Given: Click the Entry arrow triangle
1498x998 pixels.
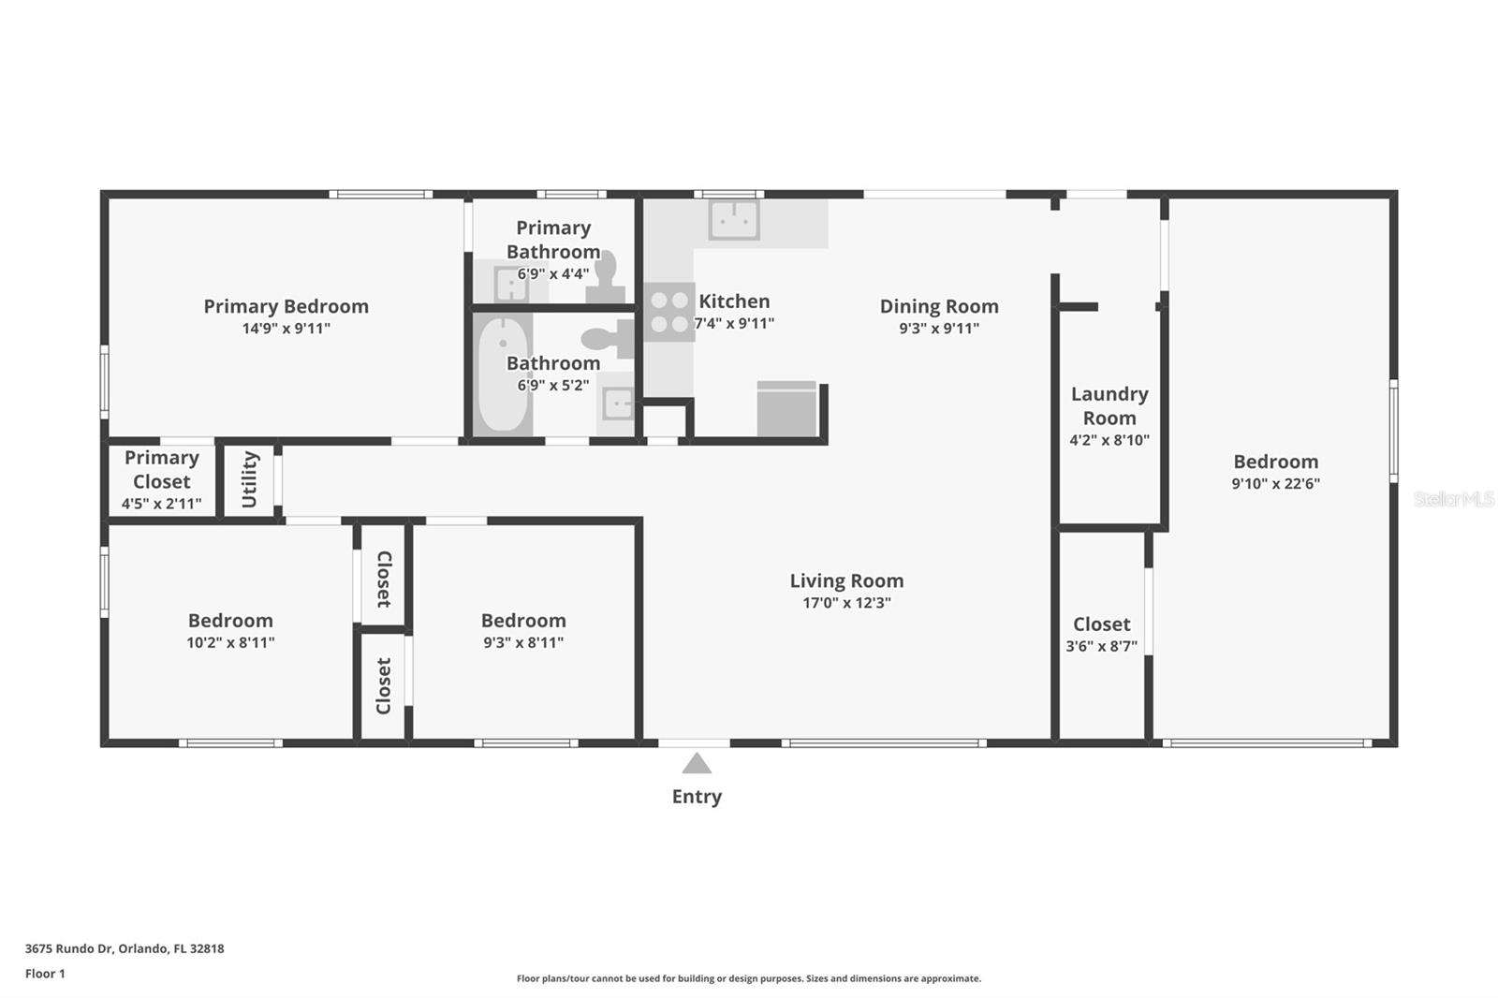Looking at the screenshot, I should coord(697,764).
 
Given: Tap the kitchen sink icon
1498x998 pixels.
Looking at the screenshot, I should coord(734,220).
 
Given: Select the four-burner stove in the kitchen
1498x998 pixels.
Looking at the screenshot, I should coord(669,312).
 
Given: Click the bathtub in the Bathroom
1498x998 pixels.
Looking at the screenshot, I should coord(503,374).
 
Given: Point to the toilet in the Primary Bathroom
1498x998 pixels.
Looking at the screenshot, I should coord(607,277).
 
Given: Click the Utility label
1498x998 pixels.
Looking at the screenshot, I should coord(250,479).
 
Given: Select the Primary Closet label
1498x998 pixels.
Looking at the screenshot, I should coord(162,469).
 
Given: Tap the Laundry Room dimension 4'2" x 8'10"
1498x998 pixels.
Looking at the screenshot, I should coord(1109,440).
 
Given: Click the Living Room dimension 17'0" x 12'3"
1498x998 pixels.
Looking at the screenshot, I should coord(846,603).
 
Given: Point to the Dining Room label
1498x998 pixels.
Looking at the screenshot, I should coord(939,306).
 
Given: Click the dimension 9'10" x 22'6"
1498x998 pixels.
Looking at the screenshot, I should coord(1275,484).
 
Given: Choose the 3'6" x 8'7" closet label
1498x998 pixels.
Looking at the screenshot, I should coord(1101,624).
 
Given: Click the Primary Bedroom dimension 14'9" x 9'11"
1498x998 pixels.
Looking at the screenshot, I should coord(286,329).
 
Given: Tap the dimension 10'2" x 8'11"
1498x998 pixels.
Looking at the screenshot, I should coord(230,643).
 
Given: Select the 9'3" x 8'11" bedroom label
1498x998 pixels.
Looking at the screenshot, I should coord(523,621).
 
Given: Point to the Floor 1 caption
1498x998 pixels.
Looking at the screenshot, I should coord(45,974).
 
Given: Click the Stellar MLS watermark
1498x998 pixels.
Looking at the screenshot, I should coord(1453,499).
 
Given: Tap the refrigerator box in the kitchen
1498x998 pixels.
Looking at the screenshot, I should coord(786,408).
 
